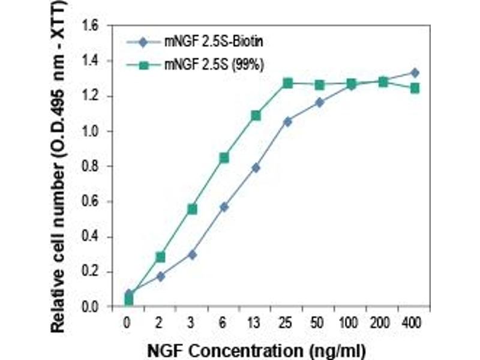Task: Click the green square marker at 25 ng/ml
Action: (x=287, y=83)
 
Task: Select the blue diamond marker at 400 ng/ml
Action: (x=414, y=73)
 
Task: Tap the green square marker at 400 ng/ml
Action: (x=414, y=88)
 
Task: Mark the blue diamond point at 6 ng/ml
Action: (x=224, y=207)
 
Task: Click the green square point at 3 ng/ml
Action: (x=192, y=209)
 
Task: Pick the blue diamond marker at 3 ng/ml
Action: (x=192, y=254)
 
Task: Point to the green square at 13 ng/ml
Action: (x=256, y=115)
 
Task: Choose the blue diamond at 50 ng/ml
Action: (x=319, y=103)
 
